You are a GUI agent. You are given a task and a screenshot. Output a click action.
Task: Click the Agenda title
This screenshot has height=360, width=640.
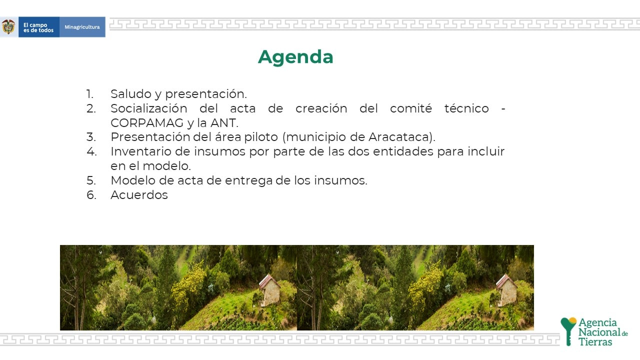pyautogui.click(x=295, y=57)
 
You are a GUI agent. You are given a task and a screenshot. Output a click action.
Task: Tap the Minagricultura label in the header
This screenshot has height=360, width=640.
pyautogui.click(x=82, y=27)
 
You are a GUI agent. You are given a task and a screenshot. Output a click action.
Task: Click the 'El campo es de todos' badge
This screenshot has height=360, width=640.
pyautogui.click(x=39, y=27)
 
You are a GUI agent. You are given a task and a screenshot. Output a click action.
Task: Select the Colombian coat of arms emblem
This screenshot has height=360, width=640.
pyautogui.click(x=8, y=27)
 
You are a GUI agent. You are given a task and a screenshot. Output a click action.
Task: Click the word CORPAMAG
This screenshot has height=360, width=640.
pyautogui.click(x=147, y=123)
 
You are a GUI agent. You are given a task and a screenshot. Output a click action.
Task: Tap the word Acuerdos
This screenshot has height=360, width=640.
pyautogui.click(x=139, y=195)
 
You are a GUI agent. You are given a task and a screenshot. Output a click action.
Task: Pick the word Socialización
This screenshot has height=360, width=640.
pyautogui.click(x=149, y=108)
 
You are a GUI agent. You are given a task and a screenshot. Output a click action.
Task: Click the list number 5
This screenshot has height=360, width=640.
pyautogui.click(x=91, y=180)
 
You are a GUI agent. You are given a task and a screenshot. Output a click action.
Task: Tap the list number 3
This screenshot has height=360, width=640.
pyautogui.click(x=91, y=137)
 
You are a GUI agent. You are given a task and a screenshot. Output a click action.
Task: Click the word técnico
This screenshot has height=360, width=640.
pyautogui.click(x=466, y=108)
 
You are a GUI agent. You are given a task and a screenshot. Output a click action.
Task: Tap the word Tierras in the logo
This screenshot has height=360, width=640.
pyautogui.click(x=595, y=342)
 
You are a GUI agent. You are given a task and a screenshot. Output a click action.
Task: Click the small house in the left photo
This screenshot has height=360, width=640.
pyautogui.click(x=269, y=290)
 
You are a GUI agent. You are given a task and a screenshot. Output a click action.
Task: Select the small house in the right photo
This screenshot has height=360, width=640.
pyautogui.click(x=506, y=290)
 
